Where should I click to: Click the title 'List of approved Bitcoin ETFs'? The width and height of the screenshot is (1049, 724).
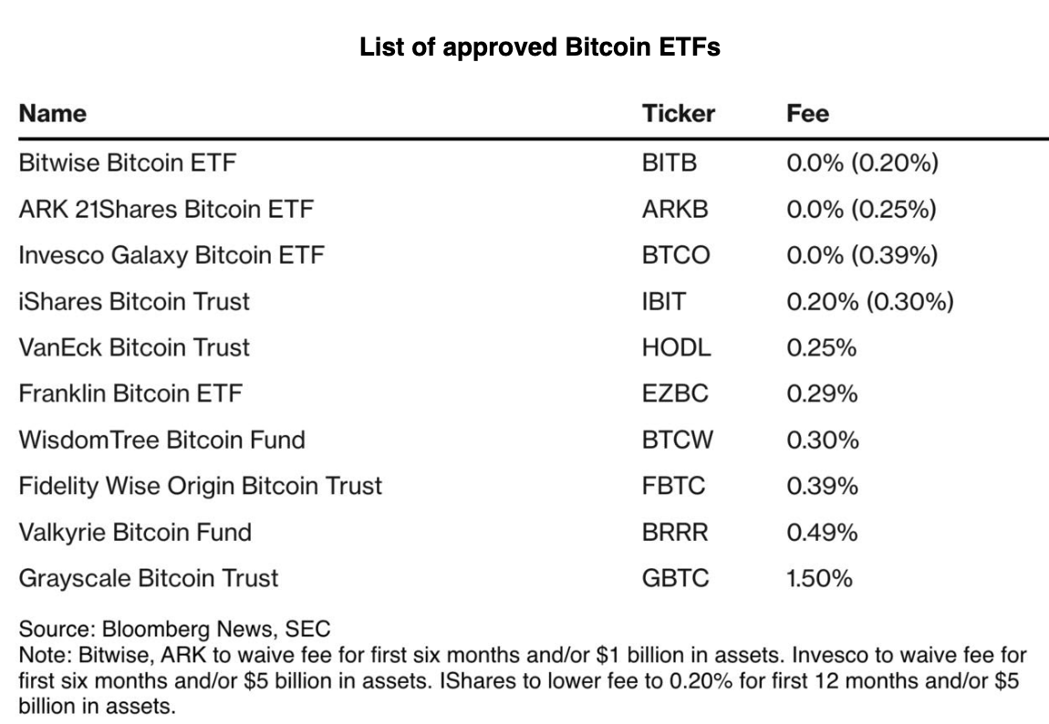(x=540, y=47)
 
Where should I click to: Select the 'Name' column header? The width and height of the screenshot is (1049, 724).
(x=52, y=113)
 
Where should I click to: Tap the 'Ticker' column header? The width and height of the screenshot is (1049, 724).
(x=678, y=113)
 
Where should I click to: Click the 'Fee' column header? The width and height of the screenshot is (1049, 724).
(x=807, y=113)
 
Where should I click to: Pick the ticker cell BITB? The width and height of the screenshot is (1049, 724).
(x=670, y=164)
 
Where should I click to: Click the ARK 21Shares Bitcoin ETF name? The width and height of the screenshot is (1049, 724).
(x=165, y=210)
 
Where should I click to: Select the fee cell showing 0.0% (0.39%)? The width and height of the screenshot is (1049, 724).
(x=861, y=255)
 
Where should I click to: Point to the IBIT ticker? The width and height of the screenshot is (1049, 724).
(x=663, y=302)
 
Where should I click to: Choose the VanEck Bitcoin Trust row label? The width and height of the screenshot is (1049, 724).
(x=134, y=347)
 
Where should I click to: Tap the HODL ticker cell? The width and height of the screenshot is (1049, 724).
(x=676, y=347)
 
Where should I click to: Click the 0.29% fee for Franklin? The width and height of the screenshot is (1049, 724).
(x=822, y=394)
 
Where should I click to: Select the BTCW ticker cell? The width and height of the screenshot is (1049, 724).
(x=678, y=440)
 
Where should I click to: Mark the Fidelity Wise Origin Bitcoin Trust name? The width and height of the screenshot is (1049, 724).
(x=200, y=486)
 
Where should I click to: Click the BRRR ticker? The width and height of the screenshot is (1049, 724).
(x=675, y=532)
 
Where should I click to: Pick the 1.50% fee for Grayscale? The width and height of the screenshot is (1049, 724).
(x=819, y=578)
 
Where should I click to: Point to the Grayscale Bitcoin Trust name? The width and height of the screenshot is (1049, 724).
(x=149, y=578)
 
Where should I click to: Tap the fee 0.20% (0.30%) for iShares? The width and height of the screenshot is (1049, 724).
(x=869, y=302)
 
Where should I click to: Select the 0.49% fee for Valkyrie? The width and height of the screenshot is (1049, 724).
(x=822, y=532)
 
